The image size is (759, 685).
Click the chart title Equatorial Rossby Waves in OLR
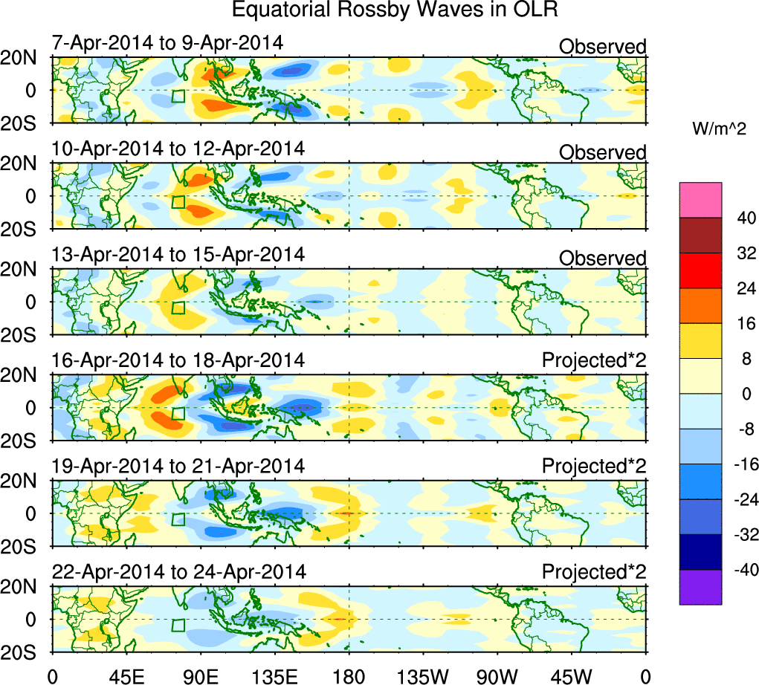coord(395,10)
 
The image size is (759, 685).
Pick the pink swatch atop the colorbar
coord(700,199)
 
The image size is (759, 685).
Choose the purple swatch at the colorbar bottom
coord(700,588)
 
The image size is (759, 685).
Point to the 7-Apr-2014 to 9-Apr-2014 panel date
coord(167,42)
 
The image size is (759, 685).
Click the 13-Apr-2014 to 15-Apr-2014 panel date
coord(178,254)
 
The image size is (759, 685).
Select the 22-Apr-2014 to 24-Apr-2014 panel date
coord(179,572)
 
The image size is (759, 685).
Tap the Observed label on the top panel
coord(602,47)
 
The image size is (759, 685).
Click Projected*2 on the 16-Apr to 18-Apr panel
coord(594,360)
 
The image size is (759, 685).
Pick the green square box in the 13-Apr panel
coord(178,308)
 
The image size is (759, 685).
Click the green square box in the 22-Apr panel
coord(178,625)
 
